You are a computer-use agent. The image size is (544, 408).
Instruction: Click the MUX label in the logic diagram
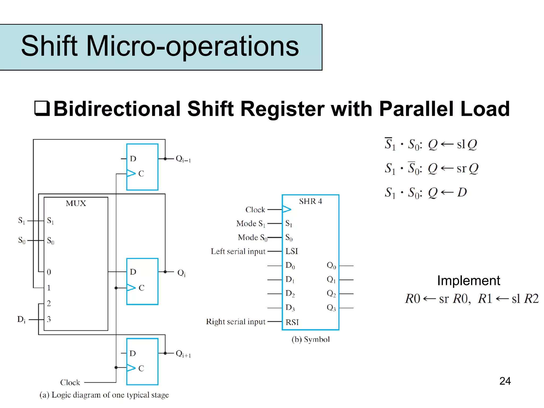[x=76, y=204]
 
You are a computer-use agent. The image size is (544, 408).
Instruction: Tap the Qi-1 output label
[x=183, y=159]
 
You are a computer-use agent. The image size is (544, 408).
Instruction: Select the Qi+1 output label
[x=183, y=354]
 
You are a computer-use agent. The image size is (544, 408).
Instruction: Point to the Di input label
[x=22, y=319]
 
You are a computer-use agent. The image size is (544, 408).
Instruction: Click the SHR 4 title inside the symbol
[x=310, y=201]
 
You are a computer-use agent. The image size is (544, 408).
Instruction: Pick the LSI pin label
[x=292, y=251]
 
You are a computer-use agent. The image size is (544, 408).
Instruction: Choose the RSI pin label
[x=292, y=322]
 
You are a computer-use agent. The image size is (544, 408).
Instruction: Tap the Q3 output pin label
[x=331, y=308]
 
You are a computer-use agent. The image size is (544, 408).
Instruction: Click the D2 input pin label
[x=290, y=294]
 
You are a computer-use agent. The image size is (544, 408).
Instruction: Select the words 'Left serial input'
[x=238, y=251]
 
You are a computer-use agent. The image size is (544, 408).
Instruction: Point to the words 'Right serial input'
[x=236, y=322]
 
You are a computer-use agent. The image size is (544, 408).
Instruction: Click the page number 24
[x=505, y=381]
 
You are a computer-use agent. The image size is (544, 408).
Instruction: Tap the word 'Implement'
[x=469, y=281]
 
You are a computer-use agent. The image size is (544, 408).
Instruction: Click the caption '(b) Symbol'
[x=311, y=339]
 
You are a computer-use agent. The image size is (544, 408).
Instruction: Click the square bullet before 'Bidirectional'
[x=42, y=108]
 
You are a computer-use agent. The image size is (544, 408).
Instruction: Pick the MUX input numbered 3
[x=49, y=319]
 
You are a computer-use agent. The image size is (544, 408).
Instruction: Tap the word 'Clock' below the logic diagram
[x=70, y=382]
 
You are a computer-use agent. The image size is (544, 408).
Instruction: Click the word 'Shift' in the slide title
[x=49, y=46]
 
